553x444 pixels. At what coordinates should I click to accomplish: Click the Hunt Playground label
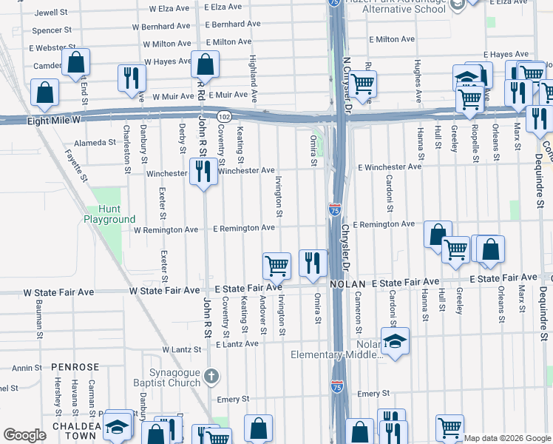pyautogui.click(x=109, y=214)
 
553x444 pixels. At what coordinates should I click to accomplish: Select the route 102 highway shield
pyautogui.click(x=223, y=116)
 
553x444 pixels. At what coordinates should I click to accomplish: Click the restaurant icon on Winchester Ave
pyautogui.click(x=203, y=172)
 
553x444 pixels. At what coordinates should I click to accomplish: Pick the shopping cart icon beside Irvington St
pyautogui.click(x=276, y=265)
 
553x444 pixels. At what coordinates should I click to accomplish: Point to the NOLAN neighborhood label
pyautogui.click(x=347, y=283)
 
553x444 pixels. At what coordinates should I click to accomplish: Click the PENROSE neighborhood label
pyautogui.click(x=75, y=367)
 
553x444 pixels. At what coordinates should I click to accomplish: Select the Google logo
pyautogui.click(x=24, y=435)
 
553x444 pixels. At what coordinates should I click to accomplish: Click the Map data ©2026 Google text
pyautogui.click(x=506, y=438)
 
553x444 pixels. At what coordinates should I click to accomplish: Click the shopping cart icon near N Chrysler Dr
pyautogui.click(x=362, y=84)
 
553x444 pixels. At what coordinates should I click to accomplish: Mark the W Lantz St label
pyautogui.click(x=182, y=349)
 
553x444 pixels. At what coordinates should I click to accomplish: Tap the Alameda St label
pyautogui.click(x=96, y=142)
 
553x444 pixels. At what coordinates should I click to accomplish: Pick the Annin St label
pyautogui.click(x=27, y=368)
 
